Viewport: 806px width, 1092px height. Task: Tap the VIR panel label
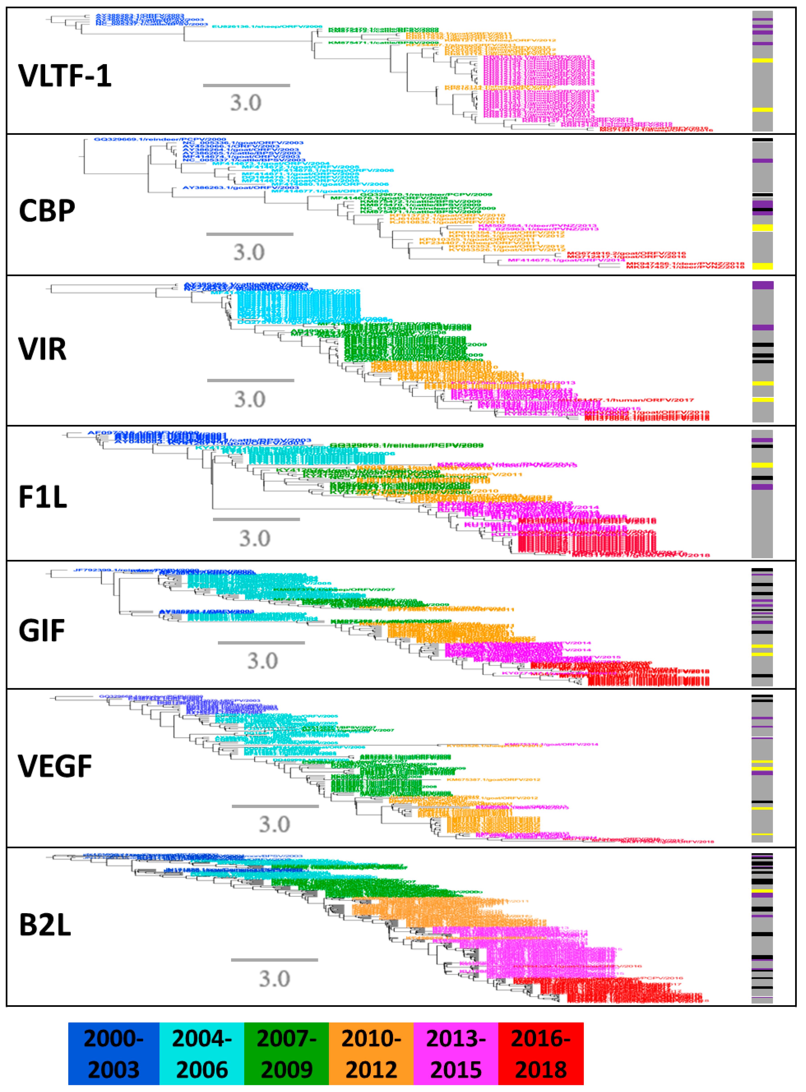point(43,349)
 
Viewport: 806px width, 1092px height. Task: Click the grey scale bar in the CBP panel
point(250,234)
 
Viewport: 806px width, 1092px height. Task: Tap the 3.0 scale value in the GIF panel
point(262,661)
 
